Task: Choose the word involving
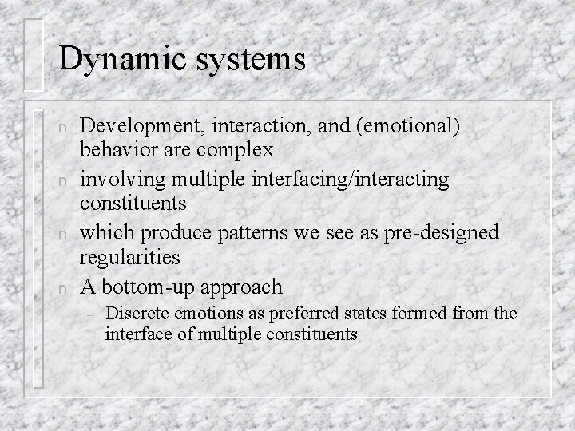pyautogui.click(x=117, y=180)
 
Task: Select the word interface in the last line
pyautogui.click(x=133, y=334)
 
